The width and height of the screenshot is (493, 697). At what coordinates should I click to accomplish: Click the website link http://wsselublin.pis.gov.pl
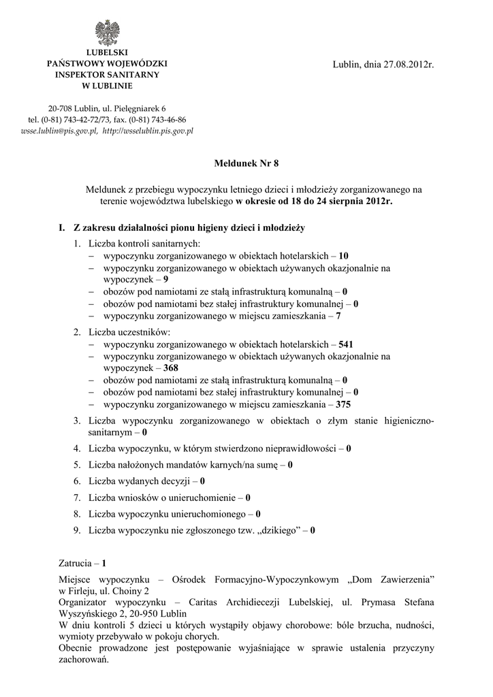click(x=148, y=130)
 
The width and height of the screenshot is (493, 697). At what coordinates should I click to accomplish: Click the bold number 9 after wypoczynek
click(x=166, y=280)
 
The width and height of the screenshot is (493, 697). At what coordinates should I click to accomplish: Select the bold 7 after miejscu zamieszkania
click(x=338, y=316)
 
